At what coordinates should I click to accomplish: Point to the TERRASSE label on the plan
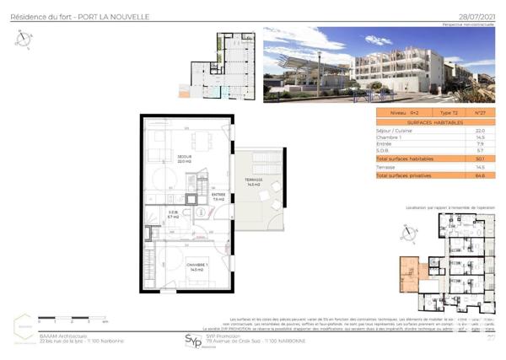[255, 181]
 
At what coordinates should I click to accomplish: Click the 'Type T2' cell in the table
[449, 112]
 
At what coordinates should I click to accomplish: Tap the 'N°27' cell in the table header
[480, 112]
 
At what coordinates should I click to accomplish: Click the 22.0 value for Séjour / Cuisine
[480, 131]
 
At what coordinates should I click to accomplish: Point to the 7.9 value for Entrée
[480, 144]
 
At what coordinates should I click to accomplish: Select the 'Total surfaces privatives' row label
[403, 175]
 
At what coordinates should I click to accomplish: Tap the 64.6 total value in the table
[480, 175]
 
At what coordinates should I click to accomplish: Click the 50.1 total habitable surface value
[480, 159]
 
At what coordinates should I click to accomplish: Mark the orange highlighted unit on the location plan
[410, 271]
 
